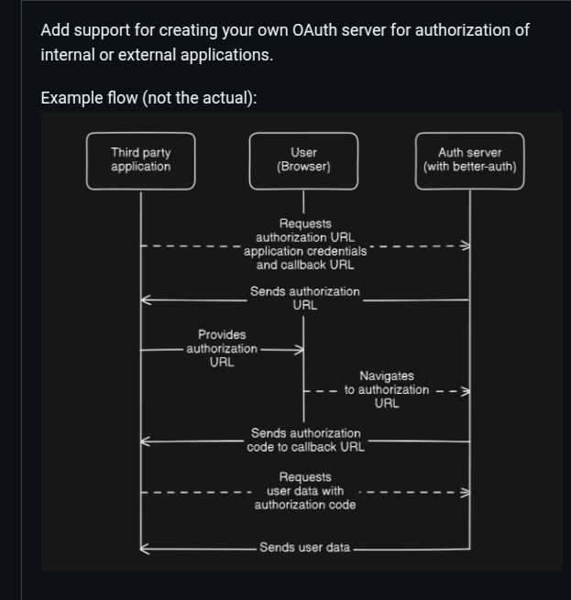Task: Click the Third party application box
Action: click(x=140, y=160)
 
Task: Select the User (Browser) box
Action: click(x=303, y=160)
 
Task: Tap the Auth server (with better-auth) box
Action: click(x=470, y=160)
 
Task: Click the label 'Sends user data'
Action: click(x=305, y=547)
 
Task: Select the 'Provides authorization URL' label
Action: click(x=222, y=348)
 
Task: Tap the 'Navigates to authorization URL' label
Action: click(x=387, y=389)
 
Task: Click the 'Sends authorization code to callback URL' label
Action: click(x=305, y=440)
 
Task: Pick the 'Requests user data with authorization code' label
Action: click(x=305, y=491)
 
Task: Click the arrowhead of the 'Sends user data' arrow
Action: click(x=141, y=549)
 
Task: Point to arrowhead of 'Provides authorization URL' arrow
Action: click(x=302, y=349)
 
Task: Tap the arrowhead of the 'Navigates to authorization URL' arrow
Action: click(x=468, y=391)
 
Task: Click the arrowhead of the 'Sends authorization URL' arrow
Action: click(x=142, y=300)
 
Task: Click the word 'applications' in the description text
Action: click(x=225, y=56)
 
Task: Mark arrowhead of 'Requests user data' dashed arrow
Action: click(x=468, y=493)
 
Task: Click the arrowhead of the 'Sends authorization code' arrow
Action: click(x=142, y=442)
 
